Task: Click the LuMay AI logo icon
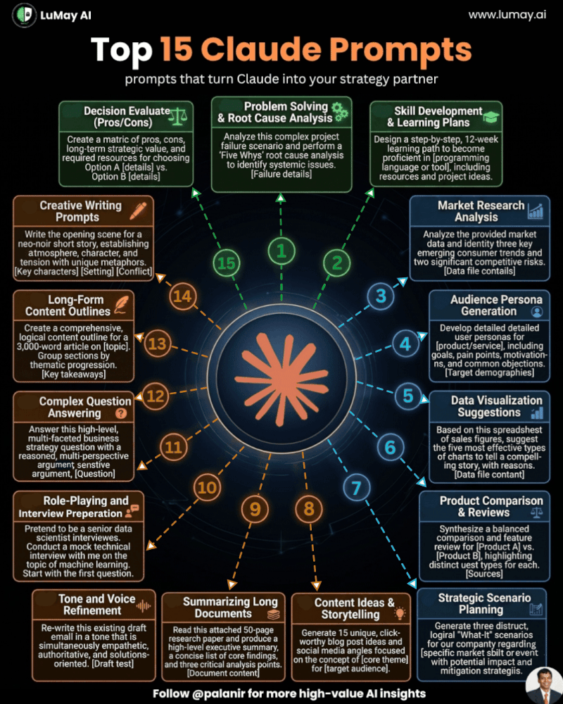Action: click(x=24, y=15)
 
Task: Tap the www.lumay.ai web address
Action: click(x=507, y=15)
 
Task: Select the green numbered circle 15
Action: click(x=226, y=263)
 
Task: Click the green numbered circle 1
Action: click(x=281, y=251)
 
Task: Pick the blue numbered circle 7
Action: click(x=357, y=488)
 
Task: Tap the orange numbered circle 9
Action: click(x=255, y=509)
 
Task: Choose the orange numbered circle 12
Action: click(x=156, y=396)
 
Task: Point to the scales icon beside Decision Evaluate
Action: click(x=178, y=116)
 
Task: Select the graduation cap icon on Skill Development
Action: click(x=491, y=117)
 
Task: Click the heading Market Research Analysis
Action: click(x=481, y=211)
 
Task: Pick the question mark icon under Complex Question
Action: click(x=121, y=413)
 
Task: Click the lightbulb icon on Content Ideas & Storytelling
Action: click(x=400, y=613)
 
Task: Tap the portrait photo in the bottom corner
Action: click(x=545, y=686)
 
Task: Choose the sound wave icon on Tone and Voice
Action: click(x=144, y=606)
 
